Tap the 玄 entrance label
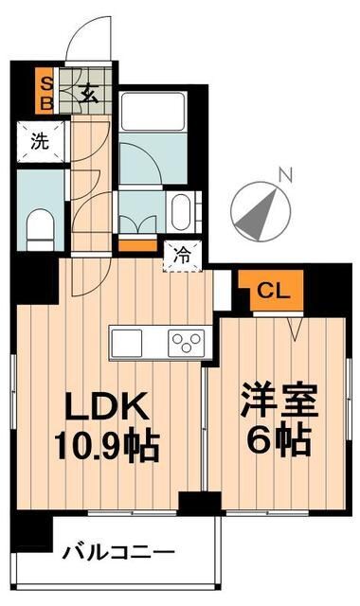click(86, 92)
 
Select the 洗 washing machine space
click(39, 143)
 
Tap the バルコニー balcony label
click(117, 551)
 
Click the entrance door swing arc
click(91, 43)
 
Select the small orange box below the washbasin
click(133, 246)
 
